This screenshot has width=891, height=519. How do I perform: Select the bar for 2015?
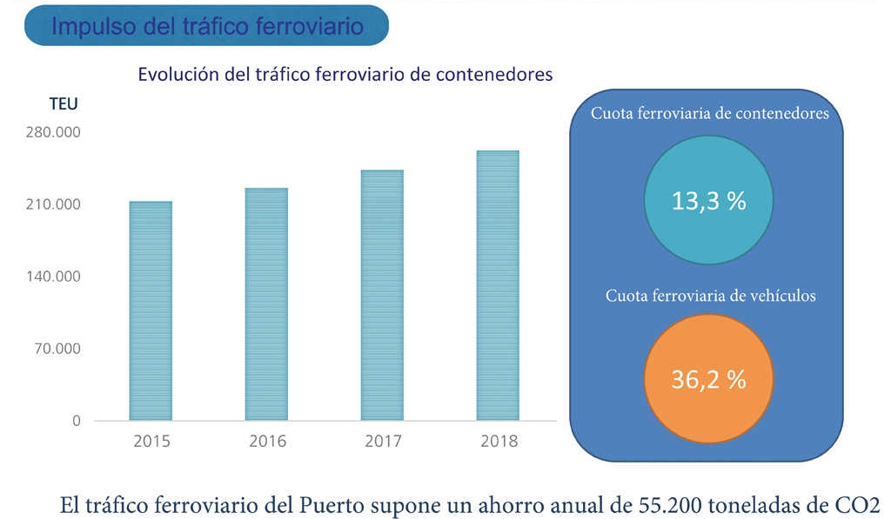(x=151, y=311)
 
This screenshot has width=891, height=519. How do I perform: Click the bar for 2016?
(x=266, y=304)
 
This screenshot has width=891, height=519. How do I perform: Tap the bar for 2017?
(x=382, y=296)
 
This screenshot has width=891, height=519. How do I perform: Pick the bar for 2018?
(x=498, y=286)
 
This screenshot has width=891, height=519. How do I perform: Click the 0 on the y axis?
(x=76, y=421)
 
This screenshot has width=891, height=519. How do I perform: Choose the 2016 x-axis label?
(x=267, y=442)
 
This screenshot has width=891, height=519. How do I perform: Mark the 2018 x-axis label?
(x=499, y=442)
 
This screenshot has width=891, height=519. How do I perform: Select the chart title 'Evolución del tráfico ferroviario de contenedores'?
(x=345, y=75)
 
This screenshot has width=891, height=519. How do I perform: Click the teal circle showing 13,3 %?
(x=709, y=202)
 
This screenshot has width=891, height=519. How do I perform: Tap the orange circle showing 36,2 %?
(x=709, y=380)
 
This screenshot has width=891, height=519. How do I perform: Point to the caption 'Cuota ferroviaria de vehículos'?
(x=710, y=296)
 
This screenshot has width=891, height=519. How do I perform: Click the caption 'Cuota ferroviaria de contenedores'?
(x=709, y=113)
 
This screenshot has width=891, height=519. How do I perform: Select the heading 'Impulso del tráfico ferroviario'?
(x=207, y=26)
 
